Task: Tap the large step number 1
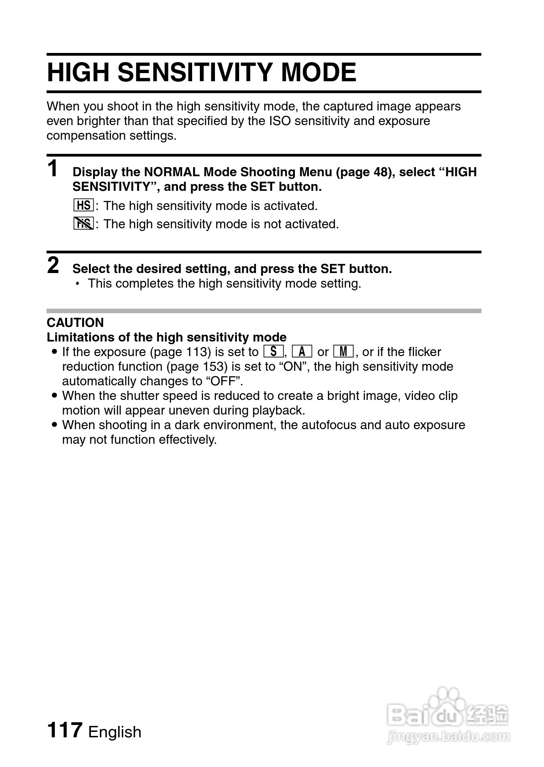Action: coord(53,169)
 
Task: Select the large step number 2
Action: coord(53,266)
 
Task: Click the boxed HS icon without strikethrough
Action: coord(84,205)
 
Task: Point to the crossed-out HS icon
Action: coord(84,224)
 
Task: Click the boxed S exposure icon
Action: coord(274,352)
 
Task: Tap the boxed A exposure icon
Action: coord(302,352)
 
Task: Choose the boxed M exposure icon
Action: coord(344,352)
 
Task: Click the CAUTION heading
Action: coord(75,323)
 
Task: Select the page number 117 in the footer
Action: coord(64,730)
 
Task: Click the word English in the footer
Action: coord(115,732)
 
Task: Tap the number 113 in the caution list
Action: coord(198,352)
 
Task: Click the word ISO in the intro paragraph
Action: coord(280,121)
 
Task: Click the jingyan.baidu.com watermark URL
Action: coord(448,736)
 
